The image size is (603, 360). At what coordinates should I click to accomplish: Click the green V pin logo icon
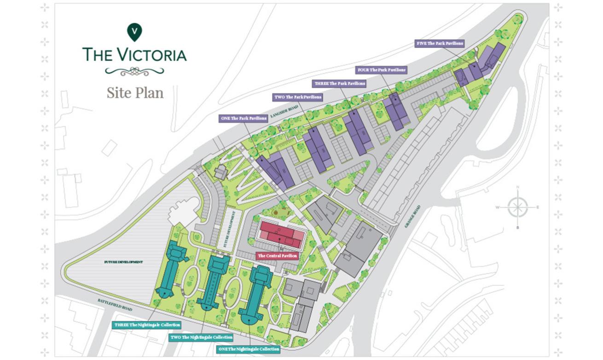pyautogui.click(x=134, y=32)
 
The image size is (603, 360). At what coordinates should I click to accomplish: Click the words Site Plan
pyautogui.click(x=135, y=93)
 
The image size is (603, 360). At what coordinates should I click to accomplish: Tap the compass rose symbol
pyautogui.click(x=518, y=207)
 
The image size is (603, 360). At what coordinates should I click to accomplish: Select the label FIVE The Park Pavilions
pyautogui.click(x=439, y=43)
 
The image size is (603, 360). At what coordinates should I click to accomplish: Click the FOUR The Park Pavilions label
pyautogui.click(x=382, y=70)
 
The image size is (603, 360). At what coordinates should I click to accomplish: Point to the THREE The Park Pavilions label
pyautogui.click(x=340, y=84)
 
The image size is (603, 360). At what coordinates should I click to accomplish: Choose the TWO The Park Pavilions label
pyautogui.click(x=298, y=97)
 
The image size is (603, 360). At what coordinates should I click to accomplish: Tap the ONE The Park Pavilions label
pyautogui.click(x=244, y=118)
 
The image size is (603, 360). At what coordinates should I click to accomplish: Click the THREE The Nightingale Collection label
pyautogui.click(x=147, y=325)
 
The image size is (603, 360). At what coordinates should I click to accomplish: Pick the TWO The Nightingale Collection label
pyautogui.click(x=202, y=337)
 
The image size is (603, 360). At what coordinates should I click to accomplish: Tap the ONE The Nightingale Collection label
pyautogui.click(x=248, y=349)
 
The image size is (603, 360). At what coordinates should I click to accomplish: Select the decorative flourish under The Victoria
pyautogui.click(x=134, y=71)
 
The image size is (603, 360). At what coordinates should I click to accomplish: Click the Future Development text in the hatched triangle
pyautogui.click(x=123, y=262)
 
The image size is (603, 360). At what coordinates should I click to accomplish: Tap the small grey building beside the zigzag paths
pyautogui.click(x=221, y=172)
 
